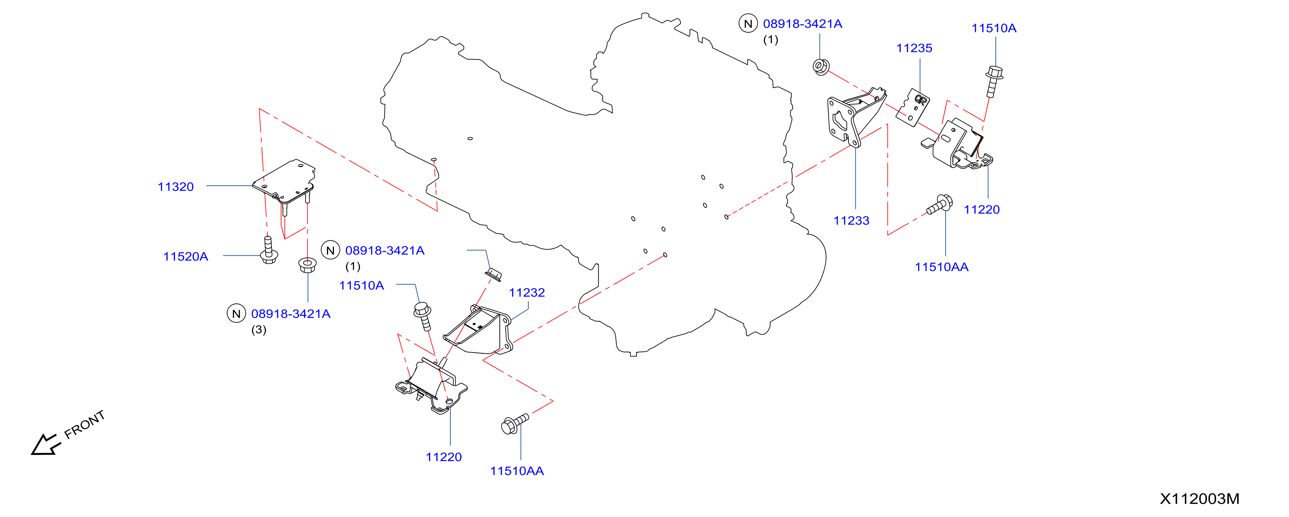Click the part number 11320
coord(176,187)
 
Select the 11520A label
coord(186,256)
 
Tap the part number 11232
coord(527,292)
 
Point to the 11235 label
coord(914,48)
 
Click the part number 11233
coord(851,220)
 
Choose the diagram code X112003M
coord(1199,499)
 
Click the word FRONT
coord(85,424)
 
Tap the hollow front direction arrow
coord(45,445)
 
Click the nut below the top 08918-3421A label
coord(821,67)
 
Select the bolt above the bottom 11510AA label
coord(514,423)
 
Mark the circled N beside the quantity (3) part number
coord(236,314)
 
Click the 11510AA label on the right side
coord(942,267)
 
